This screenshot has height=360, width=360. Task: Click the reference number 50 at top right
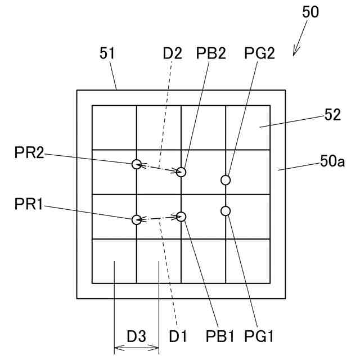click(310, 12)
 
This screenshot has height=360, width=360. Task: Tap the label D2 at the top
click(173, 53)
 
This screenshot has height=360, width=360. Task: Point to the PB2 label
click(211, 53)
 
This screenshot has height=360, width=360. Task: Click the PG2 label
click(259, 53)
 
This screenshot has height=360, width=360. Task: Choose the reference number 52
click(332, 115)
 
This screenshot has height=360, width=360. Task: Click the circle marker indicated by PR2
click(136, 164)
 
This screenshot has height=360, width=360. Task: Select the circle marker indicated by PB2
click(181, 172)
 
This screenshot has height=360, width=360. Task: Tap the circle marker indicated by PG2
click(226, 180)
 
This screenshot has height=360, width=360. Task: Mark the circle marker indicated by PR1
click(136, 219)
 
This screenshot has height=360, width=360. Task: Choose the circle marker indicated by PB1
click(181, 216)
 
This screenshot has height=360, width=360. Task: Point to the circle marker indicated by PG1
click(226, 211)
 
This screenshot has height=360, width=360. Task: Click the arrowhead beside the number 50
click(295, 53)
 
